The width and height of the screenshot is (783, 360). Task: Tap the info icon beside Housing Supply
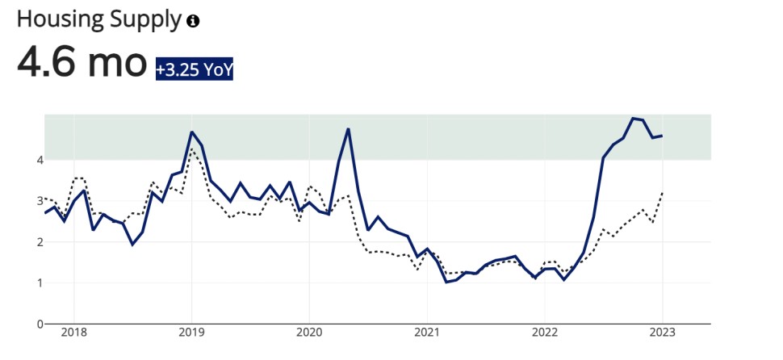tap(193, 21)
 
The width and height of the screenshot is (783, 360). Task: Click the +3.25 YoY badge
tap(195, 70)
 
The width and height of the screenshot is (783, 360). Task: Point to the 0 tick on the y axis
tap(39, 324)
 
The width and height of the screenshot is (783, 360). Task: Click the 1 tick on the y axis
tap(39, 283)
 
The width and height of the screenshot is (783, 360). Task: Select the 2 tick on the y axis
tap(39, 242)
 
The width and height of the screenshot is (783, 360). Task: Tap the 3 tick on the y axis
tap(39, 201)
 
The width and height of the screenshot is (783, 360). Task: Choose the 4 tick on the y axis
tap(39, 160)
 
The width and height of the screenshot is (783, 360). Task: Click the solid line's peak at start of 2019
tap(191, 132)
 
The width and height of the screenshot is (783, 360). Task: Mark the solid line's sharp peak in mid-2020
tap(348, 129)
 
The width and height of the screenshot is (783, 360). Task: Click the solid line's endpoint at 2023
tap(663, 136)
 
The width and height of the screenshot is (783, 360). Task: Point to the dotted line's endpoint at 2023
tap(663, 192)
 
